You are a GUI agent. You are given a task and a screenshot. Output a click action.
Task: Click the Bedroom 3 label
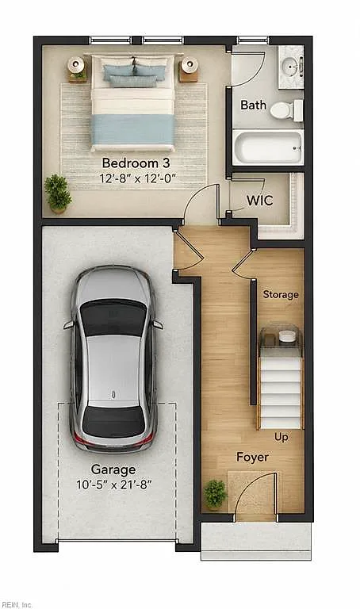click(x=136, y=163)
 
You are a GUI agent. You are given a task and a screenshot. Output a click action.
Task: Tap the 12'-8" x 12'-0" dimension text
click(x=138, y=178)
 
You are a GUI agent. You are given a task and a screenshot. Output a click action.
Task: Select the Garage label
click(x=113, y=469)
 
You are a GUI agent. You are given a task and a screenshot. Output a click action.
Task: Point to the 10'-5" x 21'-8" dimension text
click(x=113, y=485)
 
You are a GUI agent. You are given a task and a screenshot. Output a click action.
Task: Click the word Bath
click(x=253, y=105)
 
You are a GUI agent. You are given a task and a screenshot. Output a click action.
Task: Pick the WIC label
click(x=260, y=201)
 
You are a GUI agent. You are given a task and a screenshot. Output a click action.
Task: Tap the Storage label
click(x=281, y=294)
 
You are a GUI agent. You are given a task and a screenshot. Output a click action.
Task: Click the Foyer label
click(x=252, y=457)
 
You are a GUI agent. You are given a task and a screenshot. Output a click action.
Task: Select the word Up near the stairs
click(x=281, y=438)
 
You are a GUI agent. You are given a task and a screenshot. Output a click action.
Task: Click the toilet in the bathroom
click(x=286, y=110)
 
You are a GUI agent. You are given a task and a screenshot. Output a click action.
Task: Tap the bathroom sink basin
click(x=289, y=66)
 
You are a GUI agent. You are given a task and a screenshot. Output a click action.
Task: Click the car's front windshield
click(x=113, y=319)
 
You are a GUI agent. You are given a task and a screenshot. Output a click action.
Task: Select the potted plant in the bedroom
click(x=58, y=193)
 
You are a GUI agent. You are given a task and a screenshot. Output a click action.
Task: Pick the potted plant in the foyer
click(x=215, y=494)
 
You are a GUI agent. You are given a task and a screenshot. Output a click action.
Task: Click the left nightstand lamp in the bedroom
click(x=76, y=65)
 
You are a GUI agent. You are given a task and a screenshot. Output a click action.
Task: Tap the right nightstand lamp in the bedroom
click(x=190, y=64)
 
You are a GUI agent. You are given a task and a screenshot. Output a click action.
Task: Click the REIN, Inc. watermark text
click(x=17, y=605)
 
